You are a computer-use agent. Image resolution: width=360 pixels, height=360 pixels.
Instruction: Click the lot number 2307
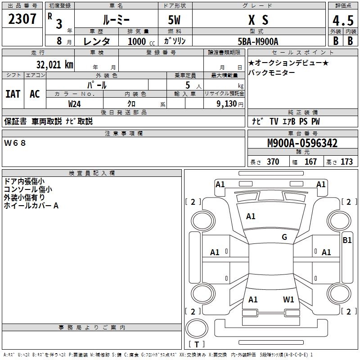(22, 20)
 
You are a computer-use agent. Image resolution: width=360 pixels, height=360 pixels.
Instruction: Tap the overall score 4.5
(343, 21)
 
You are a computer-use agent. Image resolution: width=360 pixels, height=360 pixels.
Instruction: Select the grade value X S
(258, 20)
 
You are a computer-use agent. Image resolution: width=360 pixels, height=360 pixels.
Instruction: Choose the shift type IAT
(13, 94)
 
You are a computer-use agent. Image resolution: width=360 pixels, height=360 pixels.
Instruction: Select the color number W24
(75, 103)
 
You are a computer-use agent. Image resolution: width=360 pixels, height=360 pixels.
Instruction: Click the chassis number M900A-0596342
(302, 144)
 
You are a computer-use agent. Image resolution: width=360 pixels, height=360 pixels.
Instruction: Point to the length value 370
(273, 162)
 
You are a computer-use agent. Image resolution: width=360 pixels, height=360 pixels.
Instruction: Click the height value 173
(346, 162)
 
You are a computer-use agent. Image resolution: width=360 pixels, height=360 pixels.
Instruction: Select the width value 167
(310, 162)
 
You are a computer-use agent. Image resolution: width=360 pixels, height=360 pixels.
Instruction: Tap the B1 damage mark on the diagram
(347, 240)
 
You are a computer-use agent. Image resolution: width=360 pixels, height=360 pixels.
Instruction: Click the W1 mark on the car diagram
(288, 299)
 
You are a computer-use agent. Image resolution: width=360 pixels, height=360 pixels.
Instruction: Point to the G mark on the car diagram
(284, 237)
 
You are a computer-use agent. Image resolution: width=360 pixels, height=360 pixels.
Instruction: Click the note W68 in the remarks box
(15, 143)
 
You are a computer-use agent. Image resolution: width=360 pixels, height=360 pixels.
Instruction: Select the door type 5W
(175, 20)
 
